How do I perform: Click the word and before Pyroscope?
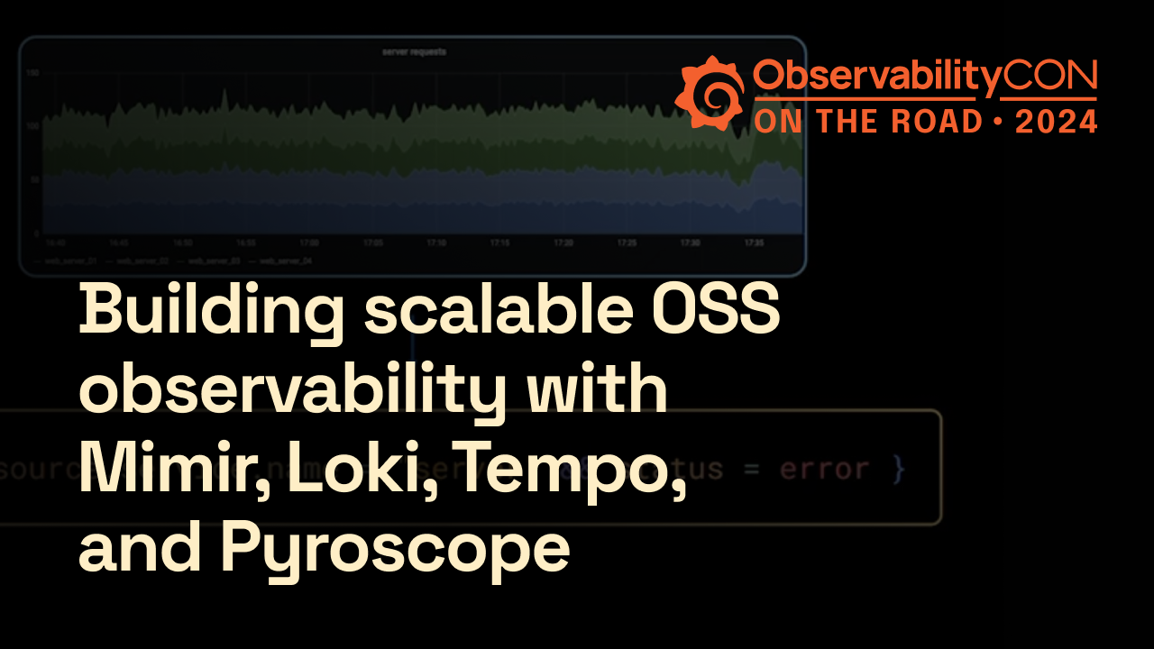139,547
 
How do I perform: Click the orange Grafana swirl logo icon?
710,93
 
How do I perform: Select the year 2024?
1055,121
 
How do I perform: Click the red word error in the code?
824,470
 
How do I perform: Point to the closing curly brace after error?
897,470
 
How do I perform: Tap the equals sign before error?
753,470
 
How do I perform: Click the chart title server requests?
412,52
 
